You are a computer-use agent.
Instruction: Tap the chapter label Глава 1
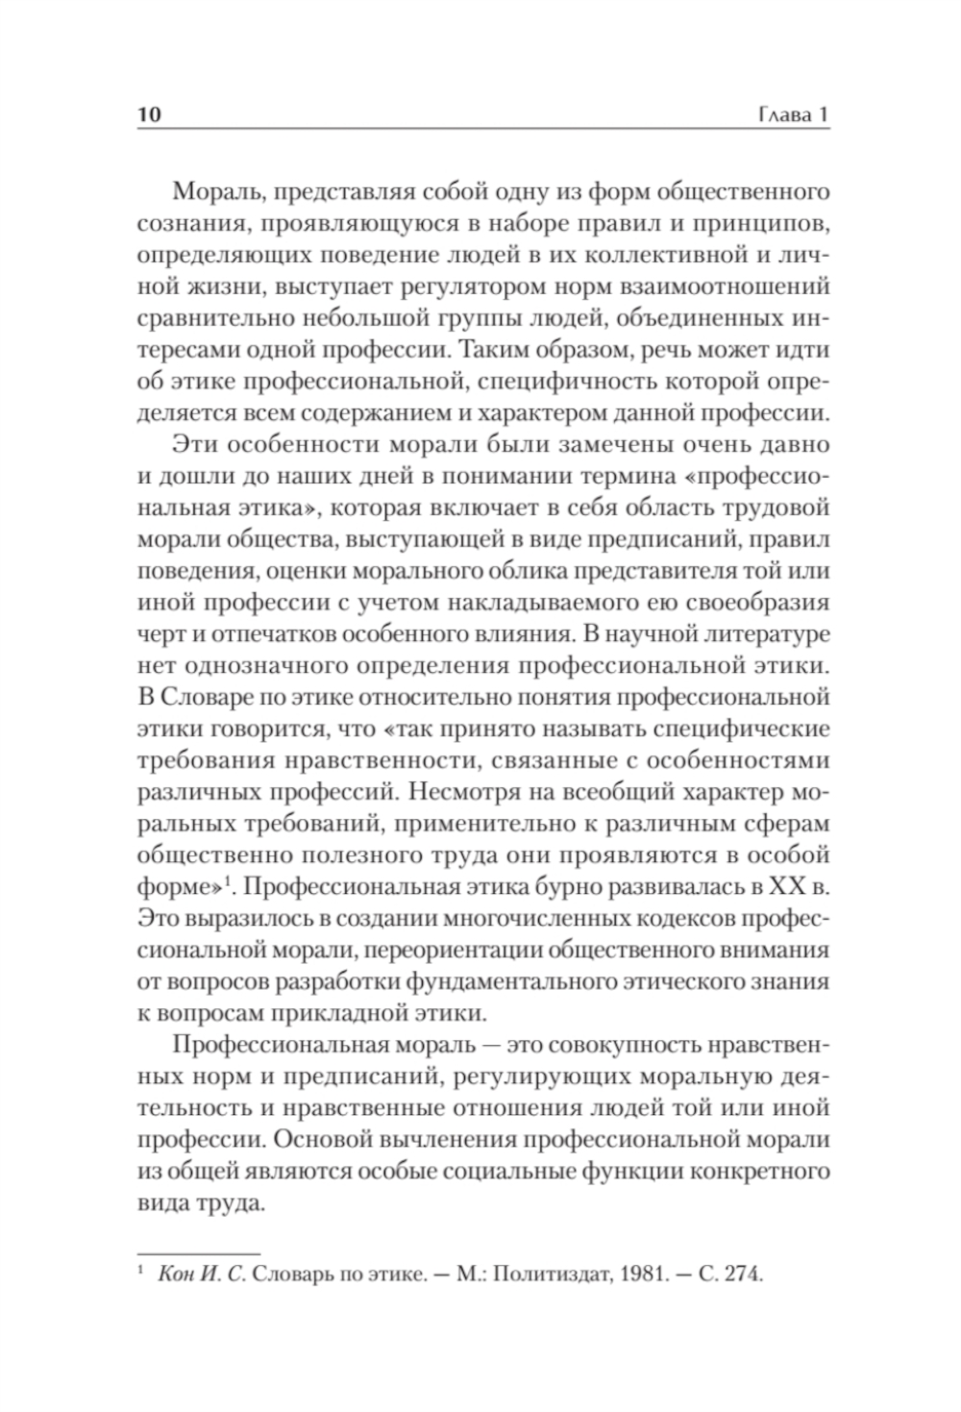tap(793, 114)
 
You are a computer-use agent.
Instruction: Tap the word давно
tap(788, 447)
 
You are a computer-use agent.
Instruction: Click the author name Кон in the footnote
tap(183, 1276)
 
